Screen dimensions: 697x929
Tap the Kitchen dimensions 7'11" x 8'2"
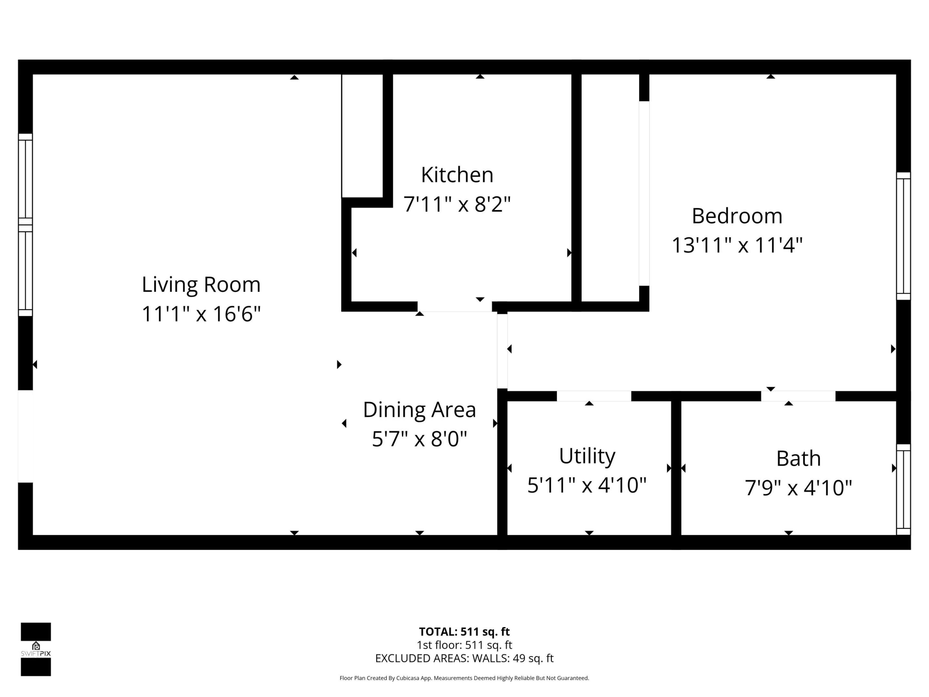click(x=457, y=205)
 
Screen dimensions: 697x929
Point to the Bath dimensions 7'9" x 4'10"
click(x=798, y=488)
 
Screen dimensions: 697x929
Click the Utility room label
click(x=587, y=456)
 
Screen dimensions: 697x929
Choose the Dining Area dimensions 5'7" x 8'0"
click(x=419, y=439)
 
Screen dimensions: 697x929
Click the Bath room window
click(x=903, y=490)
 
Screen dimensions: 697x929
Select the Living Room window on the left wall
click(x=25, y=225)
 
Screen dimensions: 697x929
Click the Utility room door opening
click(x=594, y=396)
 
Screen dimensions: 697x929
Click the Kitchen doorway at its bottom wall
click(x=455, y=306)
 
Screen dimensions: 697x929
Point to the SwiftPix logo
click(x=36, y=649)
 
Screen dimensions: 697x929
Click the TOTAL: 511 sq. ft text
click(x=464, y=632)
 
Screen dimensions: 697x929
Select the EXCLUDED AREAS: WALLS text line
click(x=464, y=658)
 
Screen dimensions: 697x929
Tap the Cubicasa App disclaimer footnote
click(x=464, y=678)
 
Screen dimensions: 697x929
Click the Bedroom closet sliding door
click(x=644, y=193)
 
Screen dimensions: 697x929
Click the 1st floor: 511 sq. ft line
click(x=464, y=645)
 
